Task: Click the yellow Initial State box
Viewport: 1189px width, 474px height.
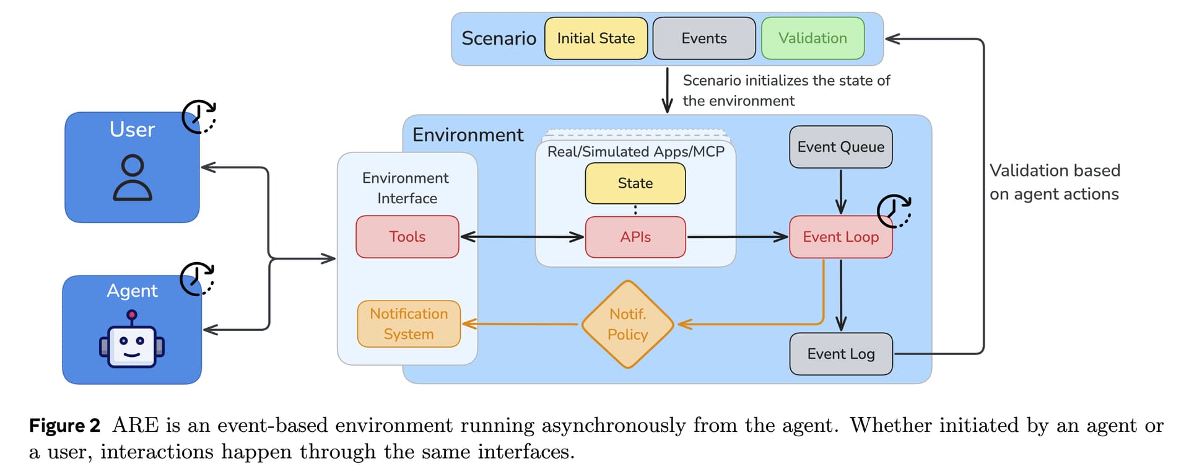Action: (x=596, y=38)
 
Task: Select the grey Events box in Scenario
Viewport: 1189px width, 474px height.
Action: (x=703, y=38)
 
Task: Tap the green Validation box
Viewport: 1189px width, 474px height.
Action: (x=812, y=38)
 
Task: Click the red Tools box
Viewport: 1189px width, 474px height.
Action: (x=407, y=237)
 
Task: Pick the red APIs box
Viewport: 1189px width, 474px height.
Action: (x=635, y=237)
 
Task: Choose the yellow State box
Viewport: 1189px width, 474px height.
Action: (x=635, y=183)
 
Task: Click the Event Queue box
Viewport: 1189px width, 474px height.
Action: (x=840, y=147)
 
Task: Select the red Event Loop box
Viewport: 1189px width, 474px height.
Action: (x=840, y=237)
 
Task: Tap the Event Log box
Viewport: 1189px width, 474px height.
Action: (x=840, y=354)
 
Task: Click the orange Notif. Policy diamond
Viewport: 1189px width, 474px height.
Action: (x=627, y=324)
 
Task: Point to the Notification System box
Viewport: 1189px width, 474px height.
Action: (x=409, y=324)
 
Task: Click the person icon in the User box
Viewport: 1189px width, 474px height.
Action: (x=132, y=178)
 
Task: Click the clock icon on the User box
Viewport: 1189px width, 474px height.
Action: (x=199, y=116)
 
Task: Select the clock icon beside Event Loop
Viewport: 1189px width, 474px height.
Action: (x=894, y=211)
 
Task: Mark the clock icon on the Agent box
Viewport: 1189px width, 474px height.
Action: (x=197, y=279)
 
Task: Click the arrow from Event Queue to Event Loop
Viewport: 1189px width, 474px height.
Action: (x=840, y=191)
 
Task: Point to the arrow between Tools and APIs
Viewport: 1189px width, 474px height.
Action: (x=522, y=237)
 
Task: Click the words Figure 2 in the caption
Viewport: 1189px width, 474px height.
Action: (x=64, y=426)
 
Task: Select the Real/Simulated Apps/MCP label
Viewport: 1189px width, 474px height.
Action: (x=635, y=152)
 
